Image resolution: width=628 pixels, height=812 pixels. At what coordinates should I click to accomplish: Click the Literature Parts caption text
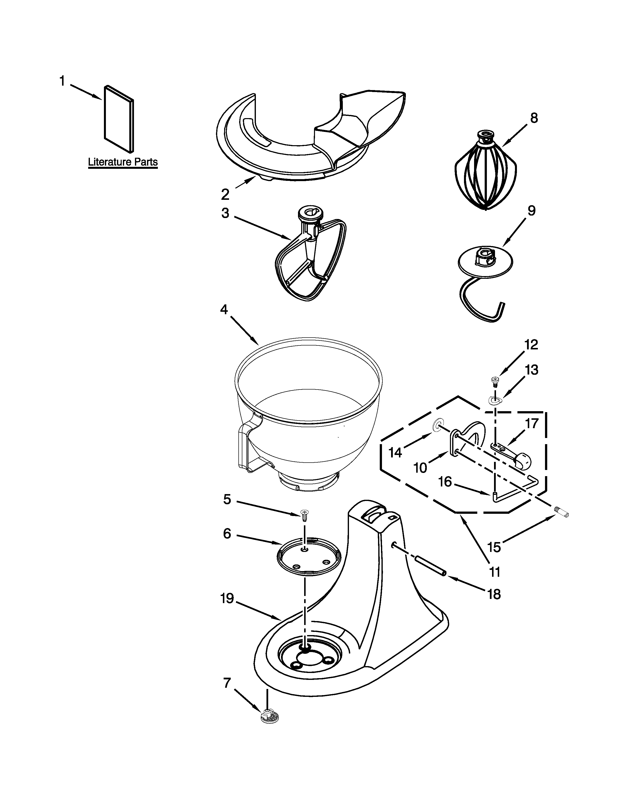tap(123, 162)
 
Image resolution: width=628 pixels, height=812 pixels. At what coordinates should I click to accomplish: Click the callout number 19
tap(227, 599)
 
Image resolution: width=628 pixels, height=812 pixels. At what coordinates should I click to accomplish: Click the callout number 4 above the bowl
tap(224, 309)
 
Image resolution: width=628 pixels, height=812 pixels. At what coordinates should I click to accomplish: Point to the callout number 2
tap(225, 194)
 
